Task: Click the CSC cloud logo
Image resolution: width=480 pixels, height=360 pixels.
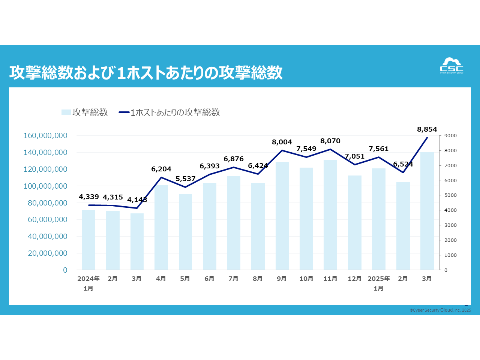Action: click(x=451, y=66)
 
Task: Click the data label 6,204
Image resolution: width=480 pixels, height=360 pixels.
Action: click(x=161, y=169)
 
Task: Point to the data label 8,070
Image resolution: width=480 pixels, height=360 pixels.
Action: click(x=330, y=141)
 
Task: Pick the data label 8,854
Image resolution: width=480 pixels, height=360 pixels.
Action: click(x=427, y=129)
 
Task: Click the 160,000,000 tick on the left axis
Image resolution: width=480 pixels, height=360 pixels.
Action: click(x=45, y=135)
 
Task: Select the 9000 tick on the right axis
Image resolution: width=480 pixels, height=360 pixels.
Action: click(x=450, y=136)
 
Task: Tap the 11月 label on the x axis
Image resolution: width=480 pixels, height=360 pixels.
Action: click(x=330, y=279)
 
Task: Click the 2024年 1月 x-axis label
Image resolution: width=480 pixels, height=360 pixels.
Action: click(x=88, y=283)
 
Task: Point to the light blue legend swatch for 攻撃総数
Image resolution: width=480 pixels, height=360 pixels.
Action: click(x=66, y=112)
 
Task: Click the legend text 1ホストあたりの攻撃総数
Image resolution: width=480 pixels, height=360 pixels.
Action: click(x=175, y=112)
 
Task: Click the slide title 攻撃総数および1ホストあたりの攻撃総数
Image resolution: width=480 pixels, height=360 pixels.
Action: click(x=146, y=72)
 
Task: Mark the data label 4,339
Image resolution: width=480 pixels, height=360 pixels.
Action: click(x=89, y=197)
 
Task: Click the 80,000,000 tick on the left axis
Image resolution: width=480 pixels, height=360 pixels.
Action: click(x=45, y=203)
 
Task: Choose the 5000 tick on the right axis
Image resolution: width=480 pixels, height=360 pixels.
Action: click(x=450, y=195)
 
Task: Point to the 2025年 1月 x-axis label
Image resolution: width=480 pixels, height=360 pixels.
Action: click(x=379, y=283)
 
